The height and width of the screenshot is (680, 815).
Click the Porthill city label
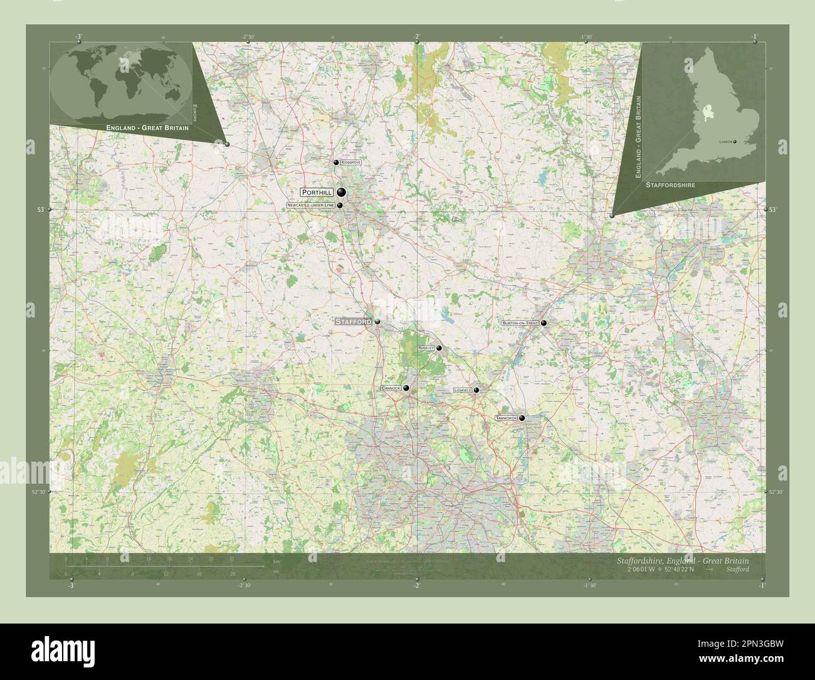click(317, 192)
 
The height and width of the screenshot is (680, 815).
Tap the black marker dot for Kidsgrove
click(337, 163)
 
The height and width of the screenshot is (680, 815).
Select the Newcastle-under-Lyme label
click(310, 205)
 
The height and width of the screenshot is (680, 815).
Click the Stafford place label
click(354, 321)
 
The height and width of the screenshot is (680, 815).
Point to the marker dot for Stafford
click(377, 322)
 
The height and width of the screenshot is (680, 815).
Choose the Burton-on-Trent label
click(520, 323)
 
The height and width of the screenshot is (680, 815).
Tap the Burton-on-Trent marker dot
click(544, 323)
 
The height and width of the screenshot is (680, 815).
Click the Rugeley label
click(426, 348)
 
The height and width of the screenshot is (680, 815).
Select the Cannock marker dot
click(406, 389)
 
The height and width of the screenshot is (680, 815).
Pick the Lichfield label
click(463, 390)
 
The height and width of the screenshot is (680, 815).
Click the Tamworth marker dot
click(522, 418)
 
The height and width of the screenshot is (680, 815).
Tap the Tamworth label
click(505, 418)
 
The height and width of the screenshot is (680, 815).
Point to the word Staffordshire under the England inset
click(670, 185)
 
